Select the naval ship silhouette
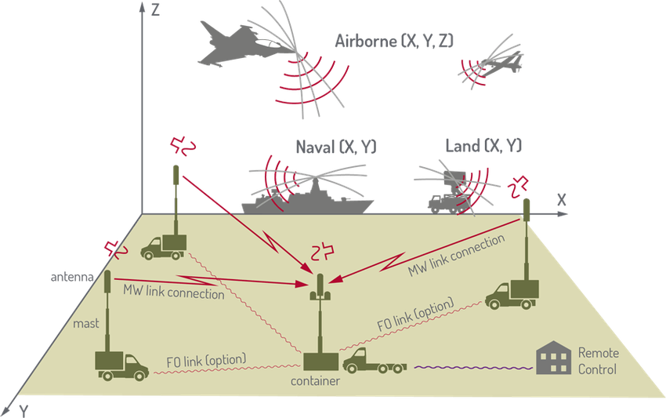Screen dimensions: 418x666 309,201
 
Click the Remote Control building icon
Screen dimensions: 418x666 554,359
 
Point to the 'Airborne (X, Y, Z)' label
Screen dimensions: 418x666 394,42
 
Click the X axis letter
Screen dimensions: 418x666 561,197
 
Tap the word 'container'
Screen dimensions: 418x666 315,382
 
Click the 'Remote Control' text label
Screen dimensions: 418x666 597,361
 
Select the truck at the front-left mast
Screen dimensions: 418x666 121,364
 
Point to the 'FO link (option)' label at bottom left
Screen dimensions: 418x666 206,360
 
